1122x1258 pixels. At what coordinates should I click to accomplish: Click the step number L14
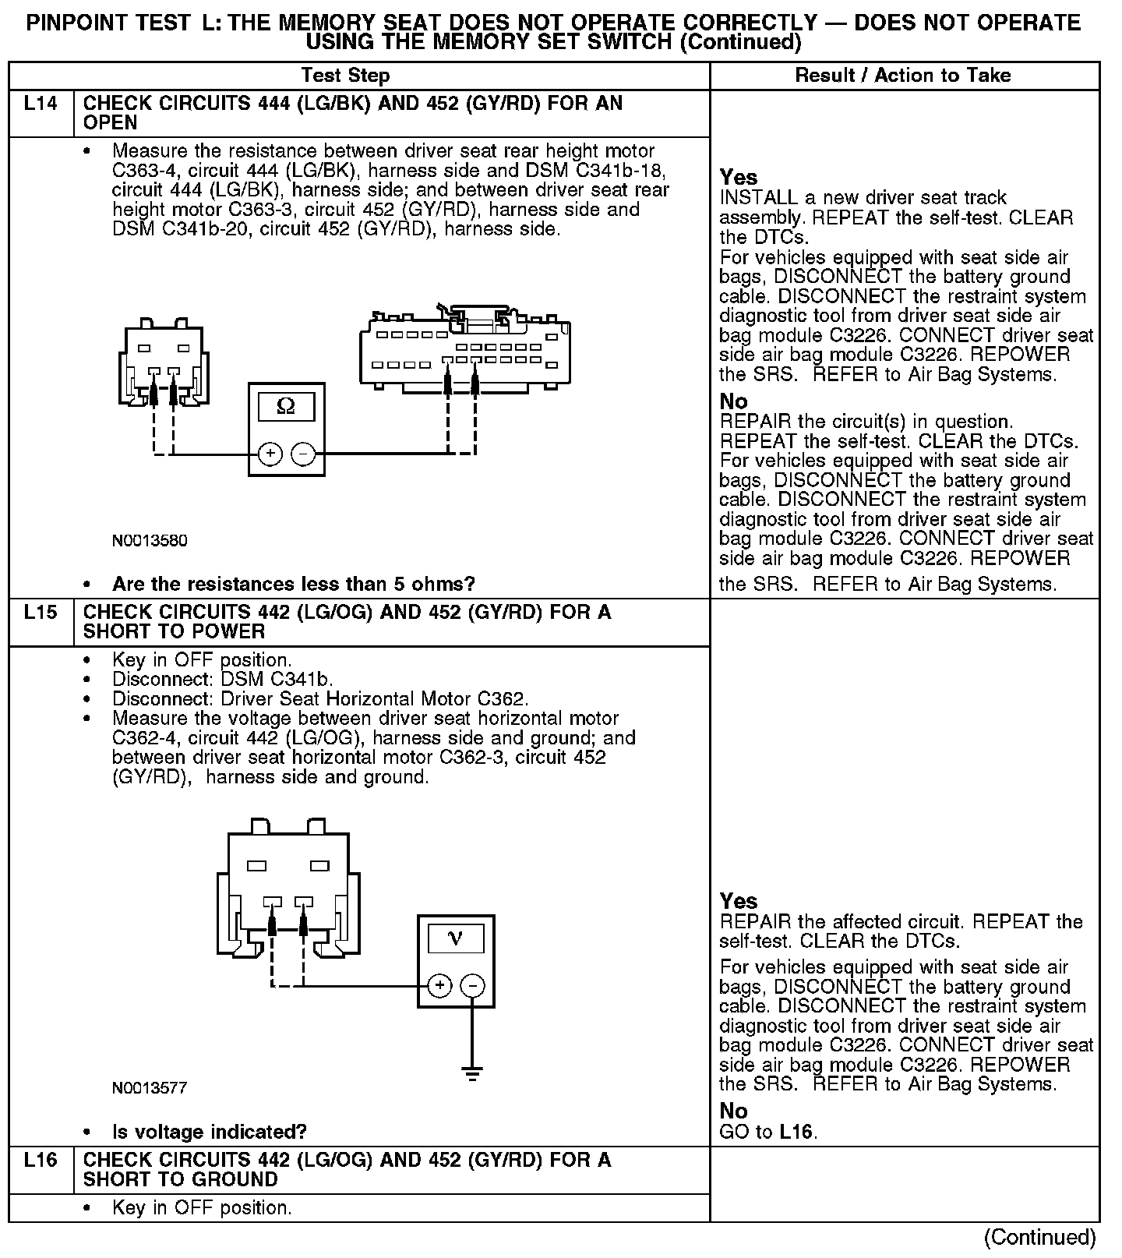pos(41,104)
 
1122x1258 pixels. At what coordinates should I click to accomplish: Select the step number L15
pos(41,613)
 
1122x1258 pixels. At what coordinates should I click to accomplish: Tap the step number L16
pos(41,1161)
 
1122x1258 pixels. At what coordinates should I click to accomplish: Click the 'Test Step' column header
pos(345,76)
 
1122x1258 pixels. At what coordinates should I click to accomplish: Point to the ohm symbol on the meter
pos(286,407)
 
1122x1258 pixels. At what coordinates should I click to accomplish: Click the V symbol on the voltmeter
pos(456,939)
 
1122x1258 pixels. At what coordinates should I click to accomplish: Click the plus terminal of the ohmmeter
pos(270,454)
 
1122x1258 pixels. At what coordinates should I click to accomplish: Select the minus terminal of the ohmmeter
pos(303,454)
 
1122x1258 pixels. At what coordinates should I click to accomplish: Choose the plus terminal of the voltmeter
pos(439,986)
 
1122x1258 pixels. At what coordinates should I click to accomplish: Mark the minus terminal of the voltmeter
pos(473,986)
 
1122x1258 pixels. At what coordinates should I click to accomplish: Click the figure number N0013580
pos(150,541)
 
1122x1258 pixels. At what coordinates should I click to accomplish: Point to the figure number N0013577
pos(150,1088)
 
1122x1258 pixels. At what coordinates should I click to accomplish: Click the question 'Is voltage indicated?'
pos(209,1132)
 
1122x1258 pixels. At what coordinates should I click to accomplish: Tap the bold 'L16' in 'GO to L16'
pos(797,1132)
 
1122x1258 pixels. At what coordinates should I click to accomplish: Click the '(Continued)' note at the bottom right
pos(1039,1238)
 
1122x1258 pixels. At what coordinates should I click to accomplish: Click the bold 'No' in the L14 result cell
pos(733,401)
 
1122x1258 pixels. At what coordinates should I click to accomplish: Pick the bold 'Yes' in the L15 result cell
pos(738,901)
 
